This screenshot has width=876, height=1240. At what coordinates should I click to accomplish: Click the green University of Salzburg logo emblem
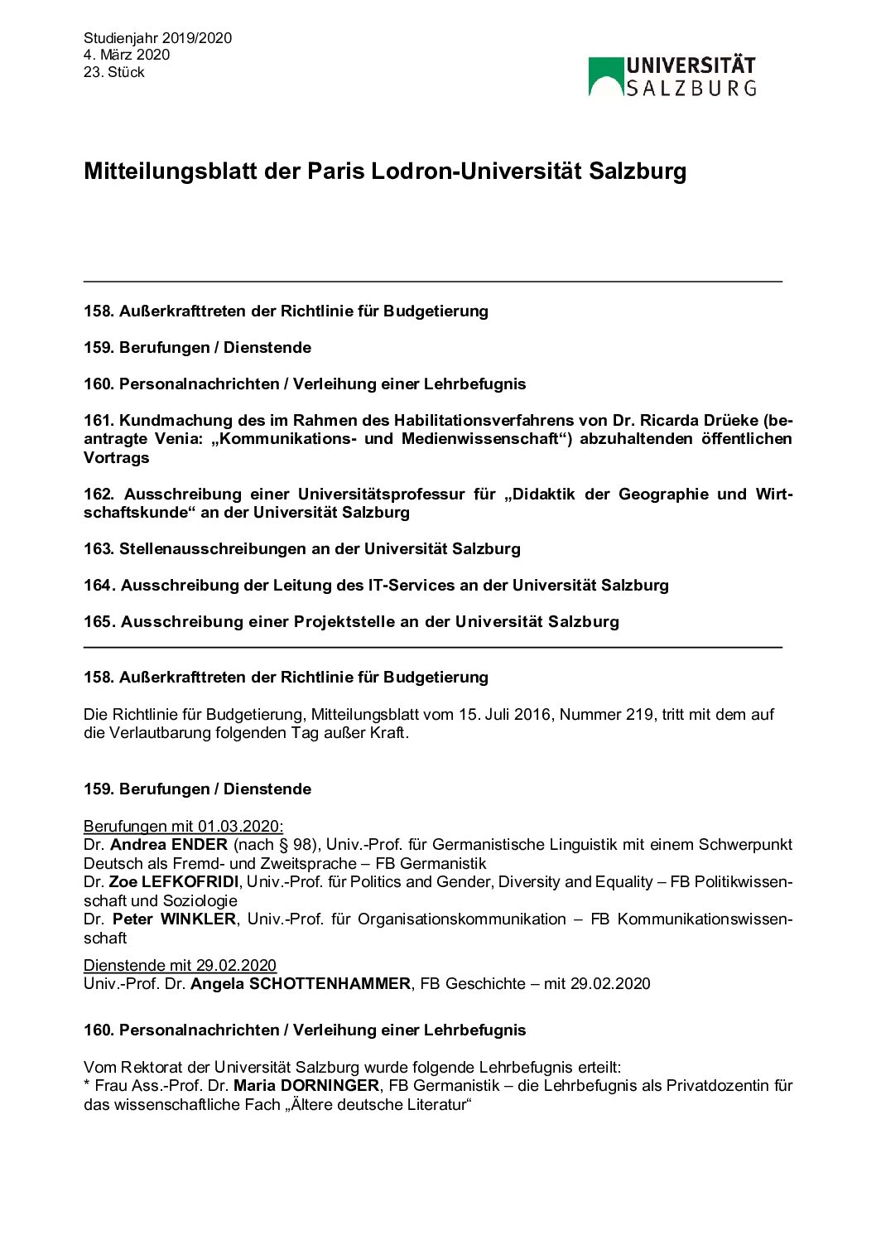click(x=605, y=77)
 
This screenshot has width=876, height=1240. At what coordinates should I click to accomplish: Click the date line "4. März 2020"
click(x=126, y=55)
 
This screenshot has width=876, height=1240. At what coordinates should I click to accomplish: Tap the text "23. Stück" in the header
click(x=113, y=72)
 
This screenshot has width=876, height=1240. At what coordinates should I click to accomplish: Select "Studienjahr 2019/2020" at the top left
click(x=157, y=38)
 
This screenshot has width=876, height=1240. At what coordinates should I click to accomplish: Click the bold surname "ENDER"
click(x=199, y=845)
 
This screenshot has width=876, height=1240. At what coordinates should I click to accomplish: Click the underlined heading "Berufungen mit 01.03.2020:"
click(x=183, y=827)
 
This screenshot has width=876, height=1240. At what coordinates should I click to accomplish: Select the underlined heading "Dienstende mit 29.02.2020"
click(x=180, y=966)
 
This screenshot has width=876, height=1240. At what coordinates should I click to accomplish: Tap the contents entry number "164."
click(x=99, y=586)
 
